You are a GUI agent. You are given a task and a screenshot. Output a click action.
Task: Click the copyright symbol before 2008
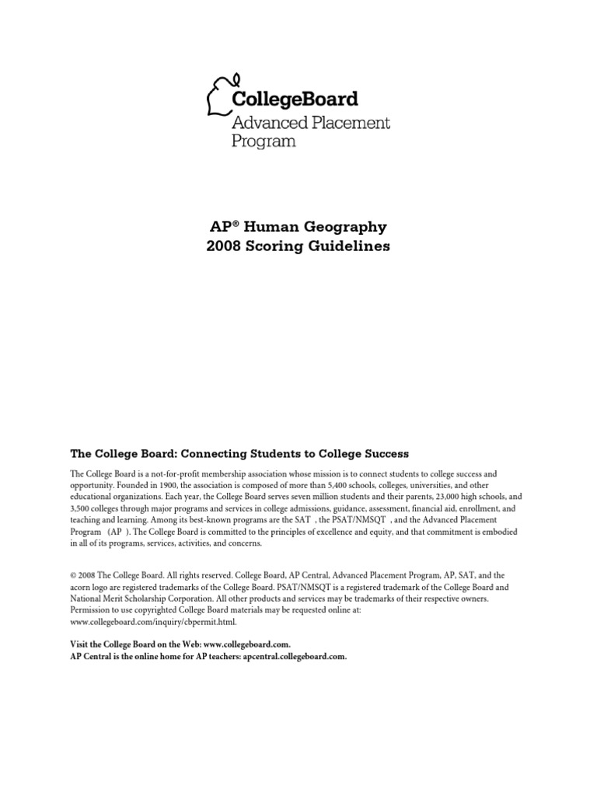73,577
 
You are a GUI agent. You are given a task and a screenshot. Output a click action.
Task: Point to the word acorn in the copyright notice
82,588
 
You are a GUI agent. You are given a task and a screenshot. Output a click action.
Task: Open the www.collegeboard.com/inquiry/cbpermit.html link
152,623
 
